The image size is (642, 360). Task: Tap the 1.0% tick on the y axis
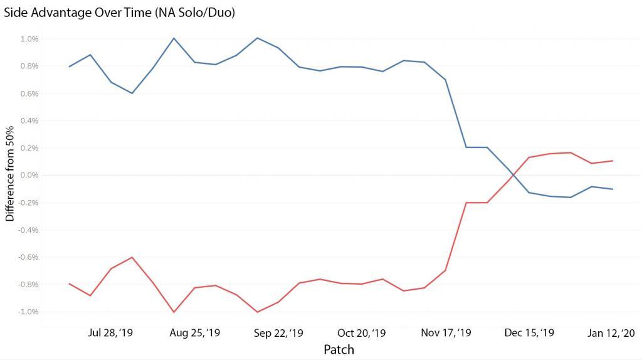(x=29, y=39)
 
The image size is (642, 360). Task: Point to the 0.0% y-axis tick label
(x=29, y=175)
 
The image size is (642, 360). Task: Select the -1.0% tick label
(x=28, y=312)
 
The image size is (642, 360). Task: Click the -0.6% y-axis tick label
(x=28, y=257)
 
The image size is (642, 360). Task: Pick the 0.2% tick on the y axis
(x=29, y=148)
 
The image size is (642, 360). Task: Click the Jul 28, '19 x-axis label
(x=111, y=332)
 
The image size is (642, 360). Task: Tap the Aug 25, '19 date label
(x=195, y=332)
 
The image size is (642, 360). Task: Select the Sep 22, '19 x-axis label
(x=278, y=332)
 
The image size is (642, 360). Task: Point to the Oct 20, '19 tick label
(x=362, y=332)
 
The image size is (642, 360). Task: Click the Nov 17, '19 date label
(x=446, y=332)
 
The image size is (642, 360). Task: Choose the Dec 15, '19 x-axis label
(x=529, y=332)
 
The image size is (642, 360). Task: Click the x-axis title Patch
(x=339, y=349)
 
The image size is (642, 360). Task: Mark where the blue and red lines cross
(x=512, y=175)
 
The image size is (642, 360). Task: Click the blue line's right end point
(x=612, y=189)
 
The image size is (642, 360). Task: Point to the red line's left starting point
(x=69, y=283)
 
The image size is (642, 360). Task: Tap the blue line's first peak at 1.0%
(x=174, y=38)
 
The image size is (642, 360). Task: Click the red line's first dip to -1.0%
(x=174, y=312)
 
